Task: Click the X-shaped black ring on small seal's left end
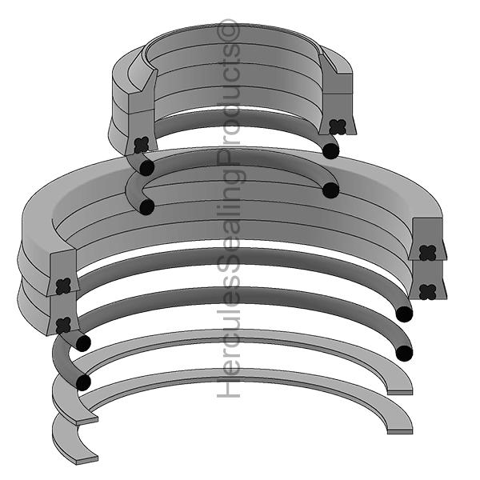coord(142,145)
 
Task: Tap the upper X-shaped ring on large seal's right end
coord(427,254)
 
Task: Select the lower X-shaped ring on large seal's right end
coord(427,291)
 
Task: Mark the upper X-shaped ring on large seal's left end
coord(63,284)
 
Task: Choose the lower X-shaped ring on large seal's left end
coord(63,324)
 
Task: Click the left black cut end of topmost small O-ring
coord(146,168)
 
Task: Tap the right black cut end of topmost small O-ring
coord(330,150)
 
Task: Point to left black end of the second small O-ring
coord(146,206)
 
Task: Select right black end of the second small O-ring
coord(330,190)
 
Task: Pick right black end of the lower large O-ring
coord(404,353)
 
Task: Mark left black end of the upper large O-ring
coord(82,343)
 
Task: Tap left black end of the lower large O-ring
coord(82,382)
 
